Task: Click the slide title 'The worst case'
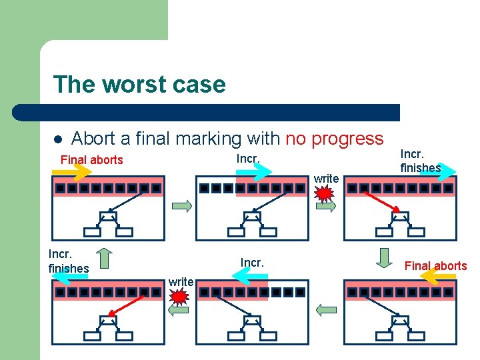(139, 85)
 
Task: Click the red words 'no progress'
(335, 139)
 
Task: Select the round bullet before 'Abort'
(58, 140)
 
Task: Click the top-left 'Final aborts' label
(92, 160)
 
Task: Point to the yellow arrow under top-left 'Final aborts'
(74, 173)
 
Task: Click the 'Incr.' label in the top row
(248, 159)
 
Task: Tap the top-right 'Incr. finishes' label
(420, 161)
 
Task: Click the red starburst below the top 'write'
(324, 194)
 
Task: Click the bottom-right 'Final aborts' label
(436, 266)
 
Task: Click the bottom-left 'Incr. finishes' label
(68, 261)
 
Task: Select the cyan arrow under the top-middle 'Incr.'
(254, 172)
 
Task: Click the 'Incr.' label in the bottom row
(252, 263)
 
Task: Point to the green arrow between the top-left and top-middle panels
(181, 207)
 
